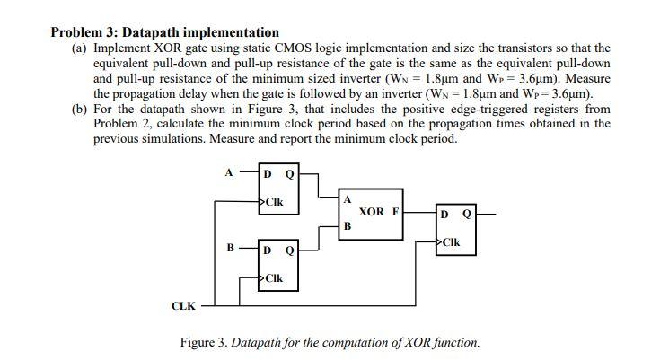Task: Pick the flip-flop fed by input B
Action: point(277,264)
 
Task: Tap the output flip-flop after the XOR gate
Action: point(454,228)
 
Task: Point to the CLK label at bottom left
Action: point(183,306)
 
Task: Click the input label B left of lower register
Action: point(230,246)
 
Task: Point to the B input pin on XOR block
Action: point(347,226)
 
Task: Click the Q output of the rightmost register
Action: point(467,214)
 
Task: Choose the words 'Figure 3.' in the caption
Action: point(204,342)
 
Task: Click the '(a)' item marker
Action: point(79,48)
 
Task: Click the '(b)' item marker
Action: point(79,109)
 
